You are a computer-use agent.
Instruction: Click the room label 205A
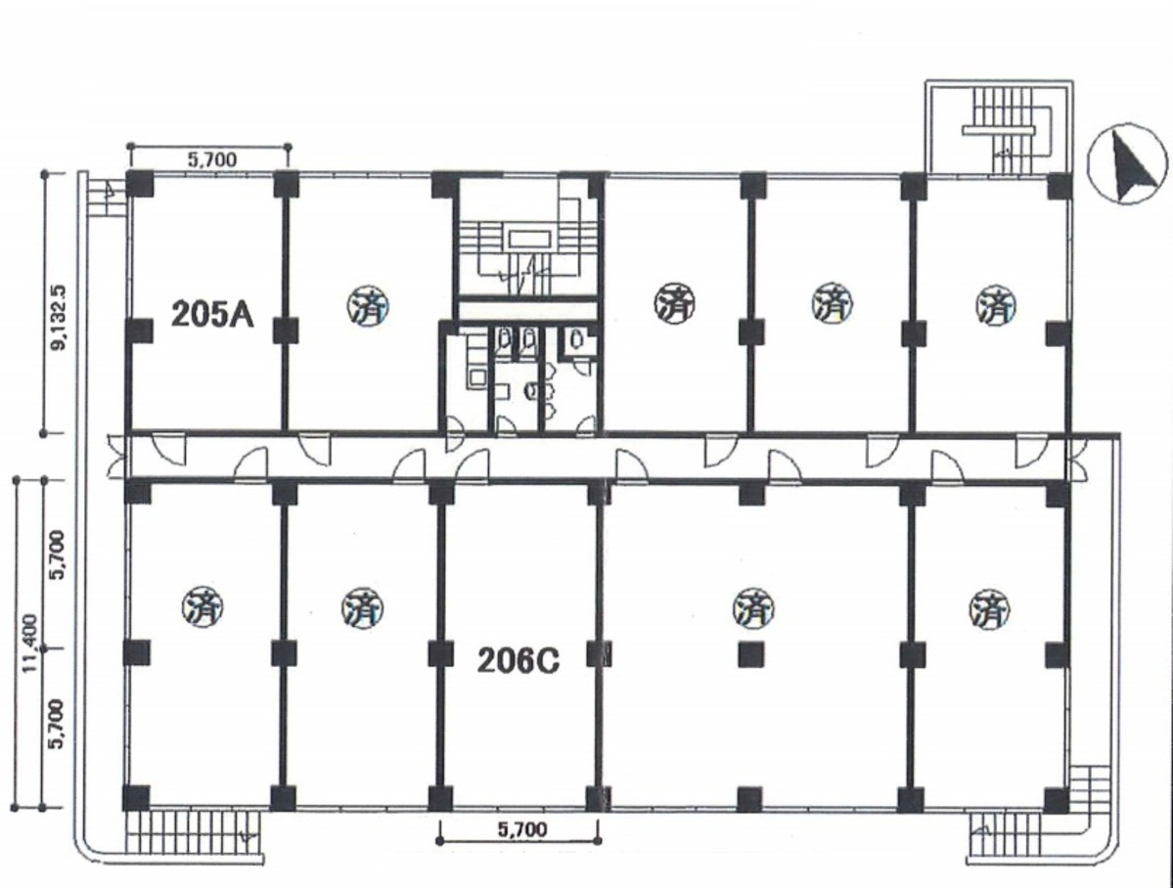tap(212, 314)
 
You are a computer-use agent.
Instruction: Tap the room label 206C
tap(519, 661)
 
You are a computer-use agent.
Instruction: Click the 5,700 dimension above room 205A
tap(211, 158)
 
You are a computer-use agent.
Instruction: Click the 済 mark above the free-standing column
tap(753, 606)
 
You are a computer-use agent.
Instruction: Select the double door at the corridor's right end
tap(1078, 458)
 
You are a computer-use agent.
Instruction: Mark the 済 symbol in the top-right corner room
tap(997, 305)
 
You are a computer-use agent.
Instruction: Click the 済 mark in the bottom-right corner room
tap(990, 609)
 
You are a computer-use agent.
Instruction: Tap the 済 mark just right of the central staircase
tap(675, 304)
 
